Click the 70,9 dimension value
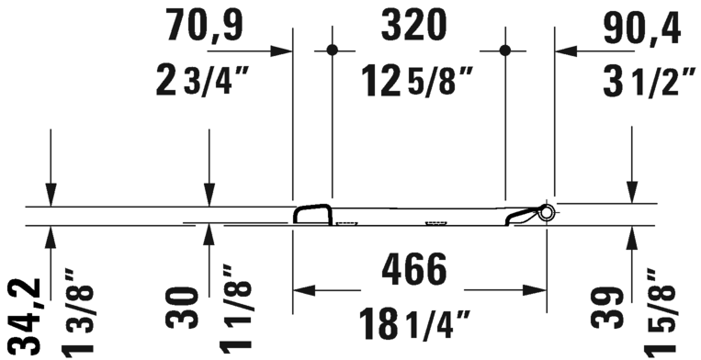click(204, 26)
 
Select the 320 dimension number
click(414, 26)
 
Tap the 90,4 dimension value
click(642, 28)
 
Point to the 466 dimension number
click(414, 269)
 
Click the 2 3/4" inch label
click(200, 80)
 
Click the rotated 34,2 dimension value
click(27, 319)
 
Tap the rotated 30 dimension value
click(183, 309)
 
